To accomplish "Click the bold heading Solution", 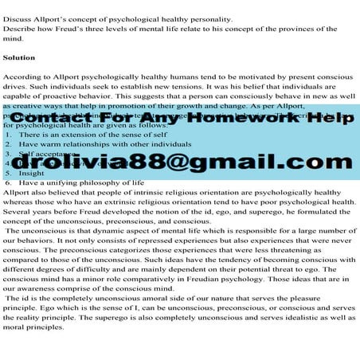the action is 19,58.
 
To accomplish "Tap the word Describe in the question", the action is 22,29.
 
